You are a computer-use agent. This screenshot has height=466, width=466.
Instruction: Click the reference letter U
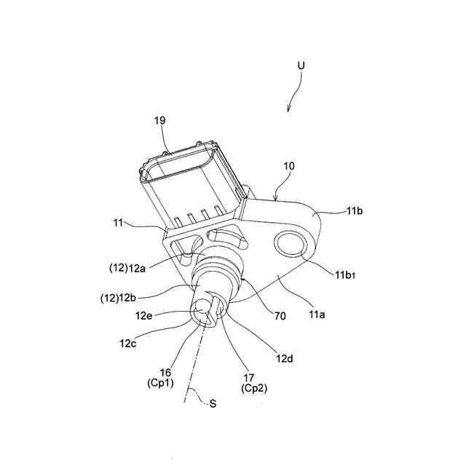[x=301, y=66]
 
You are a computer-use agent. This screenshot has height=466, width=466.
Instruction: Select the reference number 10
[x=289, y=167]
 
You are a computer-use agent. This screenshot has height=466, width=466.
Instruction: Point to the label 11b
[x=355, y=210]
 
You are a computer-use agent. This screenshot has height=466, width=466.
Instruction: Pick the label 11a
[x=317, y=315]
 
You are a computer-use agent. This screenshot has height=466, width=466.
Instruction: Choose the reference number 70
[x=280, y=316]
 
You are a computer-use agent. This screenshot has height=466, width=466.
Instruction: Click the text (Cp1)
[x=161, y=384]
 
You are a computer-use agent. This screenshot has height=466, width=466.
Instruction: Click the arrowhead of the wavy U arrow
[x=289, y=109]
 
